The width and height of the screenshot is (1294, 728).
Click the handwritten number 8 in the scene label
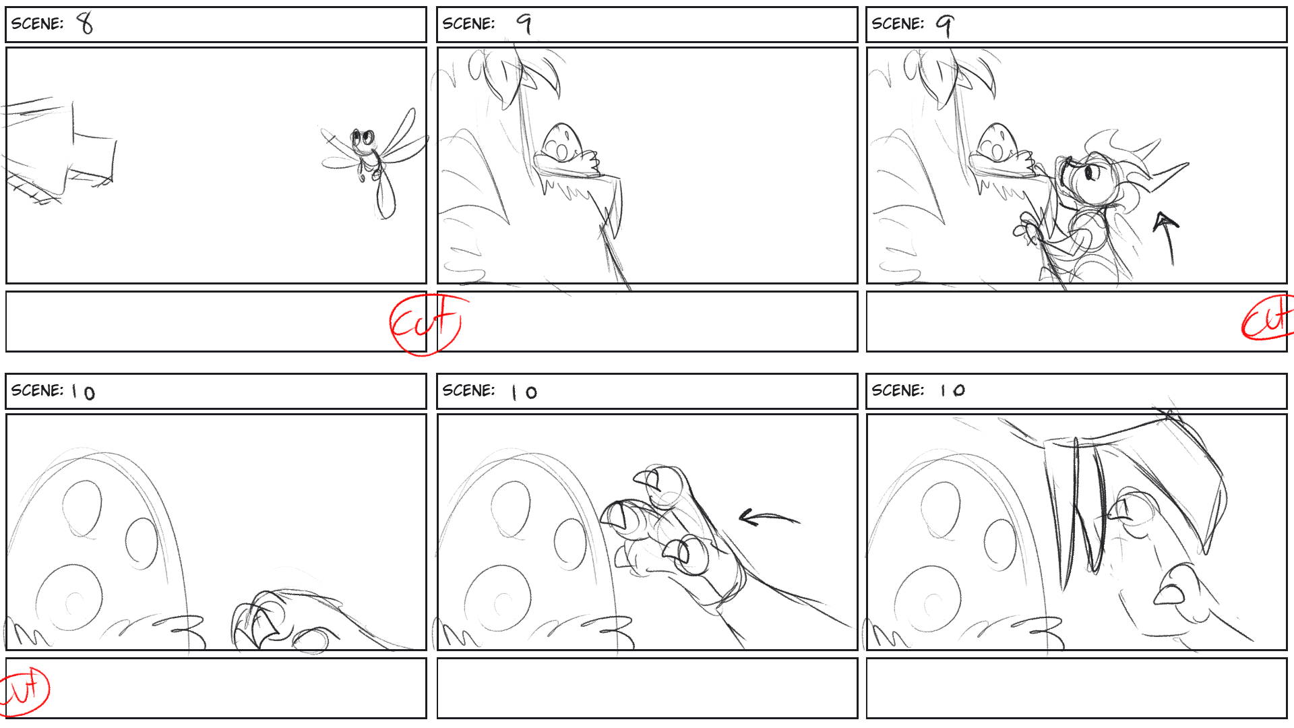pos(85,24)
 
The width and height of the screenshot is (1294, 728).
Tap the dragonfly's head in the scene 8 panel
pos(363,139)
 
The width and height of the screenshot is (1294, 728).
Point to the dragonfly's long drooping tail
pos(385,195)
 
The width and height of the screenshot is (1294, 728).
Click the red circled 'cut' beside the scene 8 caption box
pos(426,324)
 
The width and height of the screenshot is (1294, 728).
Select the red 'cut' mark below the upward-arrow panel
pos(1267,318)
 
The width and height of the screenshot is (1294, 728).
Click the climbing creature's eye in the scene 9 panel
pos(1090,173)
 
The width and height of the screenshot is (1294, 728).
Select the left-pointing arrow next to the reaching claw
pos(768,518)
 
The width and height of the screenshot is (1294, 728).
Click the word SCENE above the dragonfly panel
pos(37,24)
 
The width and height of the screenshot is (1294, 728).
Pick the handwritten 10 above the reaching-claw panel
pos(524,392)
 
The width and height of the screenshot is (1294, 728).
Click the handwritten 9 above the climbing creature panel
pos(945,25)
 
